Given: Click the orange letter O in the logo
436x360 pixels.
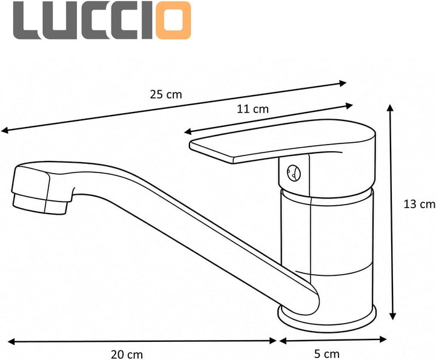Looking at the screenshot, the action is (173, 21).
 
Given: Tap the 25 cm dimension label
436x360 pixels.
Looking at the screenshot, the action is (166, 94).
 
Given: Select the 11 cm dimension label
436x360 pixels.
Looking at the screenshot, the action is (253, 109).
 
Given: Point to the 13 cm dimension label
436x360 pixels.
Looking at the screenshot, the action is (419, 205).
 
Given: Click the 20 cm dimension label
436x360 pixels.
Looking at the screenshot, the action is (127, 355).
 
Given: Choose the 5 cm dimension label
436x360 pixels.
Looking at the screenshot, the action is (327, 354).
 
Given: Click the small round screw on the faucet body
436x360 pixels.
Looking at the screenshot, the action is (294, 172).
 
